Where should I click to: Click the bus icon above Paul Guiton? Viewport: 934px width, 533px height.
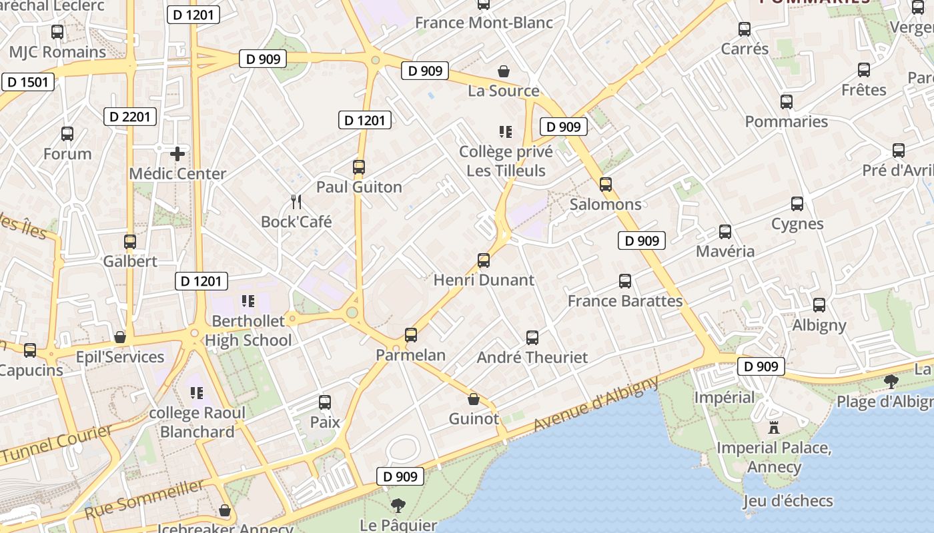click(x=359, y=167)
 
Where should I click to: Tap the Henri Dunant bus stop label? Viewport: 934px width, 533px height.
click(x=484, y=280)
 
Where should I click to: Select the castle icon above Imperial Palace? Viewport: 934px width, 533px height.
click(x=774, y=427)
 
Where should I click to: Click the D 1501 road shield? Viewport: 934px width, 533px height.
click(x=27, y=82)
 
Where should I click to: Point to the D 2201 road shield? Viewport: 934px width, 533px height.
click(x=131, y=117)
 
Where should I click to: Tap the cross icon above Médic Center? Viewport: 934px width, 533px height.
click(x=177, y=155)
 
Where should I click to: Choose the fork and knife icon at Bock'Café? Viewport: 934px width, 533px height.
click(x=296, y=201)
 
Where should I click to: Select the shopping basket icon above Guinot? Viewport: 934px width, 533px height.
click(x=474, y=399)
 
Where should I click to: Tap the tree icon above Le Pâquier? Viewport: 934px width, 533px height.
click(x=398, y=505)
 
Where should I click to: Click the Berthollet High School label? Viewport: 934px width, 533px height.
click(x=248, y=330)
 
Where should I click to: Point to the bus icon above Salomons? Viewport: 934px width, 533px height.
click(x=606, y=185)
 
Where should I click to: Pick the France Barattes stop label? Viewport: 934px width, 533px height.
click(x=625, y=301)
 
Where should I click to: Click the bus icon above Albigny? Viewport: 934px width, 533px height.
click(x=819, y=305)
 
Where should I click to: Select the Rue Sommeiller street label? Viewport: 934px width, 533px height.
click(x=144, y=499)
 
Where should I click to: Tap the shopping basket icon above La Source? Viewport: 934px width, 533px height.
click(x=504, y=71)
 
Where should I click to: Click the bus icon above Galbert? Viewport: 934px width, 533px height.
click(x=130, y=241)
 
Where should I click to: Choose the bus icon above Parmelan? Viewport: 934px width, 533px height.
click(x=411, y=335)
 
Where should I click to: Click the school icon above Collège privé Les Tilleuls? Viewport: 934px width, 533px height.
click(x=506, y=132)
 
